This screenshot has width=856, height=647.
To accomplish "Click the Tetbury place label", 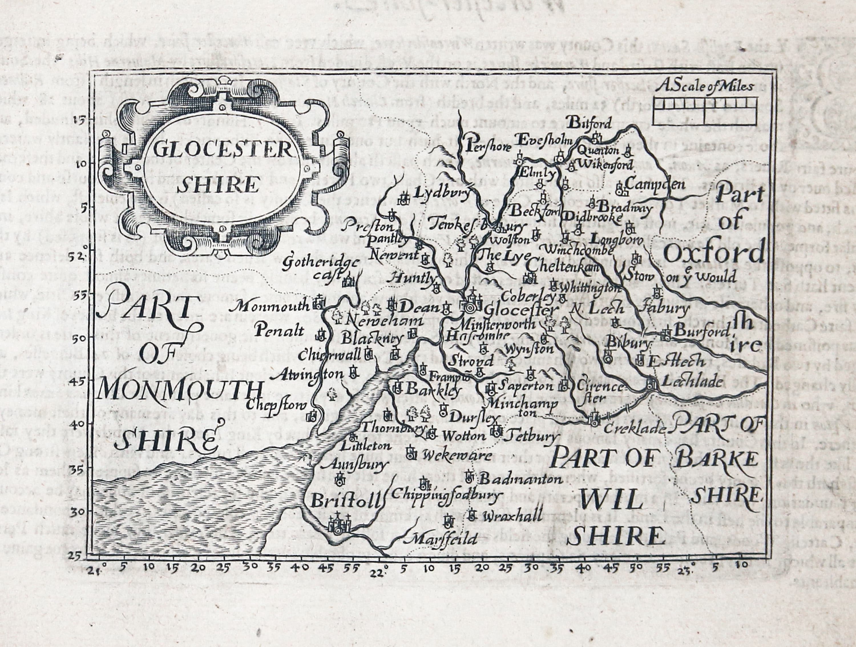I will click(533, 436).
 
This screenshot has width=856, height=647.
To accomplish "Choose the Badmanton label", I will click(520, 479).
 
